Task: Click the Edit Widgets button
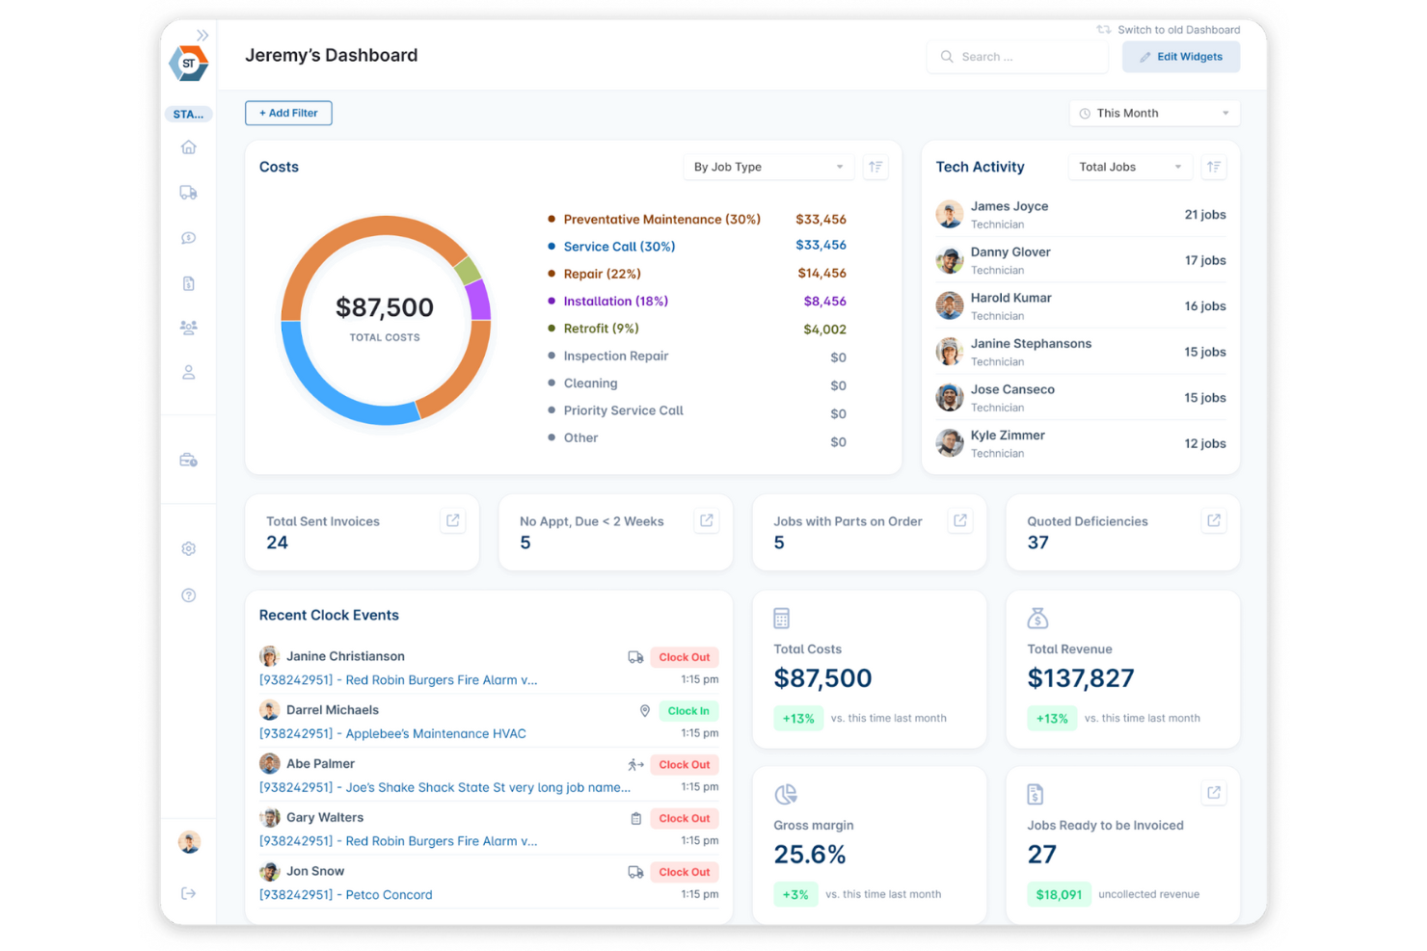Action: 1180,57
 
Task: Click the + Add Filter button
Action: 288,113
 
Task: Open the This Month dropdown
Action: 1154,114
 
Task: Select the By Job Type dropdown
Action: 767,167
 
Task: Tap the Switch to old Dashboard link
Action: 1169,30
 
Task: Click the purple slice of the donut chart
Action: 479,301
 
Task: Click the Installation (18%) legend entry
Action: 615,302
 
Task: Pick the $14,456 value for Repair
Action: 821,274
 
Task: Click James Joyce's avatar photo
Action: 950,214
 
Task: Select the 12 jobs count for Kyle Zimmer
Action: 1204,443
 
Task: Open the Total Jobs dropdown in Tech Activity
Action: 1129,167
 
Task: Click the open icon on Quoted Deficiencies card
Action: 1214,521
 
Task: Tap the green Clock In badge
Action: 688,711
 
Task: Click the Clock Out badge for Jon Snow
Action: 685,872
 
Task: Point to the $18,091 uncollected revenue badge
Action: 1058,894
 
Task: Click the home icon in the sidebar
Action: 189,147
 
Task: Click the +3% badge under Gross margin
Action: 795,894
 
